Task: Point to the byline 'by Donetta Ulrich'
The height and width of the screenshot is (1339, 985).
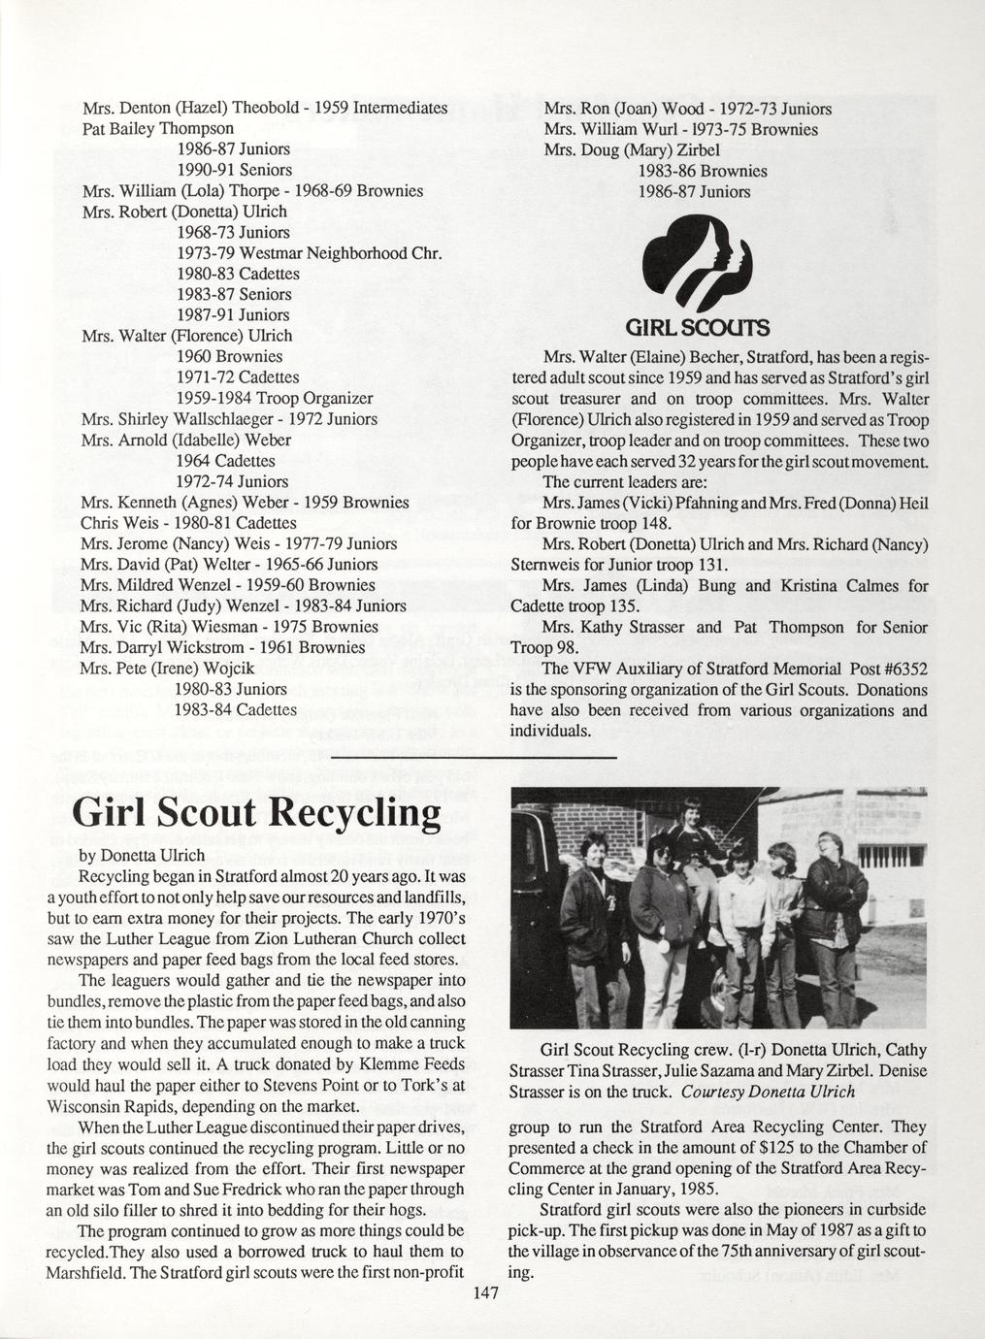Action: [141, 855]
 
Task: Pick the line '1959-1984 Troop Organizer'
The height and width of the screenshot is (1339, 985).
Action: [275, 398]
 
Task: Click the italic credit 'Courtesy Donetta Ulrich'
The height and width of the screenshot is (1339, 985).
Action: [769, 1091]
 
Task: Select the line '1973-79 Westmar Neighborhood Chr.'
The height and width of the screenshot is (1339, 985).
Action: [310, 253]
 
